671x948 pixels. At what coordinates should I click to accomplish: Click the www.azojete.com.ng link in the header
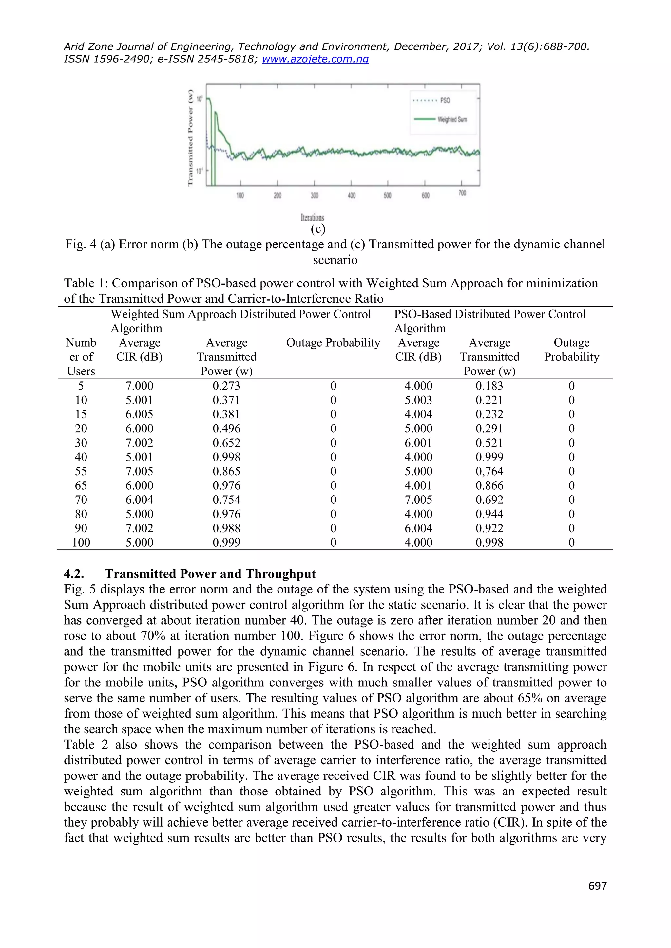(315, 59)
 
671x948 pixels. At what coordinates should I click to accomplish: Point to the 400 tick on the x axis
(351, 195)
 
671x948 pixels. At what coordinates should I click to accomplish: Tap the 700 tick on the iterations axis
(462, 193)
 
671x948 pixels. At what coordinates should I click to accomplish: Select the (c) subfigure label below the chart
(318, 229)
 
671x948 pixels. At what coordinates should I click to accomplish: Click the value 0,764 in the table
(489, 471)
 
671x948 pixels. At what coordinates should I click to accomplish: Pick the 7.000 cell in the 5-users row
(139, 386)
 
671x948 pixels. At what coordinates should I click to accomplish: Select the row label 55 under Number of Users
(81, 471)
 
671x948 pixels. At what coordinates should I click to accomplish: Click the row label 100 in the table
(81, 542)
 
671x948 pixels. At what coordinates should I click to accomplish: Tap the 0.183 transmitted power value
(489, 386)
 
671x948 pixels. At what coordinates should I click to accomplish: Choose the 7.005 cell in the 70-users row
(418, 500)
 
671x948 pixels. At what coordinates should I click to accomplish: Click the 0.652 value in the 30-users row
(226, 443)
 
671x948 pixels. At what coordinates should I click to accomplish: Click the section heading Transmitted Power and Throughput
(210, 574)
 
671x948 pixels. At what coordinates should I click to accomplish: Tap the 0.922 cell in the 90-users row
(489, 528)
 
